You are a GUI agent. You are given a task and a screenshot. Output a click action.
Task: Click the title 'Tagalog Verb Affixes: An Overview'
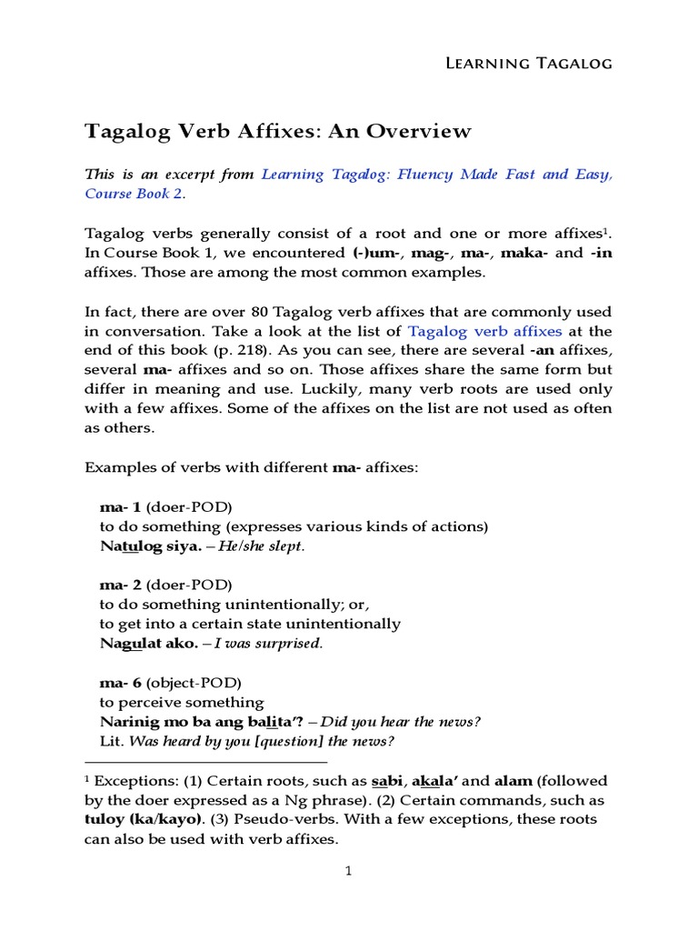click(x=278, y=131)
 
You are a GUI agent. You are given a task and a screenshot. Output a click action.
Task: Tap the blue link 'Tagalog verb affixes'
click(x=484, y=331)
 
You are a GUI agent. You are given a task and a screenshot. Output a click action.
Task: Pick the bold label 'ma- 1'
click(x=120, y=507)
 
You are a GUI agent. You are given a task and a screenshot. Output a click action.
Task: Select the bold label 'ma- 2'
click(x=120, y=585)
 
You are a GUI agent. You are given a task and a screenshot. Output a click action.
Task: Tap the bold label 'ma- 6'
click(x=120, y=682)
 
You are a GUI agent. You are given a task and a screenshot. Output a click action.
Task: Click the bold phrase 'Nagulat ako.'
click(x=148, y=644)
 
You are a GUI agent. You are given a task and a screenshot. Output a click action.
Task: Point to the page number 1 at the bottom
click(x=348, y=871)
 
